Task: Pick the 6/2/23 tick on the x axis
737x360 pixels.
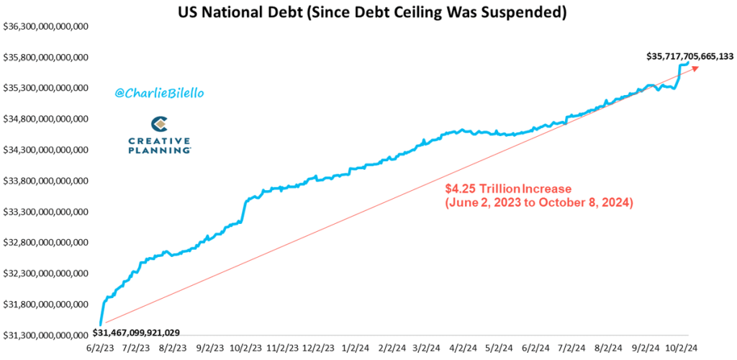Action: tap(100, 348)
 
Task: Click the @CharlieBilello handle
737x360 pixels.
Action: tap(155, 93)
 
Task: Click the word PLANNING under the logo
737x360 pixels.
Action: tap(159, 150)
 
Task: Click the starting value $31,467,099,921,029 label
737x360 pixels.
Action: tap(137, 333)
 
